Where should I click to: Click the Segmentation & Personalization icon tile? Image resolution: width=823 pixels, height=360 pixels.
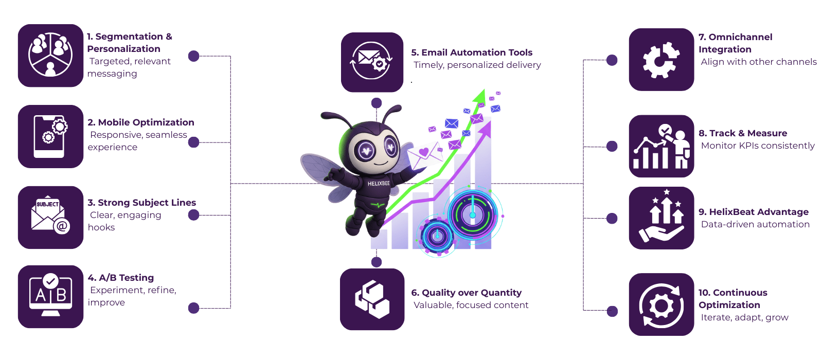pyautogui.click(x=50, y=56)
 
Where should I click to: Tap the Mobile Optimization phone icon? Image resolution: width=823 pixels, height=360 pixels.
pyautogui.click(x=50, y=136)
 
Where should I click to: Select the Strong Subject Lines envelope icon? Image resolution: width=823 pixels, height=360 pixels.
pyautogui.click(x=50, y=218)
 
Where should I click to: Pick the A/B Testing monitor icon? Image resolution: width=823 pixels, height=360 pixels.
pyautogui.click(x=50, y=297)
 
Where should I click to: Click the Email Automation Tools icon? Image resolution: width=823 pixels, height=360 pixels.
pyautogui.click(x=372, y=62)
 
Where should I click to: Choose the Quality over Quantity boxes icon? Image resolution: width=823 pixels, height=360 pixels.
pyautogui.click(x=372, y=299)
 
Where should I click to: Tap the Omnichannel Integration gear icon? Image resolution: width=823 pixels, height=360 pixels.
pyautogui.click(x=661, y=60)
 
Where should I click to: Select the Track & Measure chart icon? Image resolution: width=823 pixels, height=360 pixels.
pyautogui.click(x=661, y=146)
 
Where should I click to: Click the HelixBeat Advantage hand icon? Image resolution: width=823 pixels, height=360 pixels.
pyautogui.click(x=661, y=218)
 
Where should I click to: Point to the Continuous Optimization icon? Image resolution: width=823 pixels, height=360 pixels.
pyautogui.click(x=661, y=304)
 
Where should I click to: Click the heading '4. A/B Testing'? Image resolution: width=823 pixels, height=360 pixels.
pyautogui.click(x=121, y=278)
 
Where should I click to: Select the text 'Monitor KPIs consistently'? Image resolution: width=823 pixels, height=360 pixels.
pyautogui.click(x=758, y=146)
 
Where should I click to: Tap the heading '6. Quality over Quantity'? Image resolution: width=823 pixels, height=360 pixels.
pyautogui.click(x=467, y=293)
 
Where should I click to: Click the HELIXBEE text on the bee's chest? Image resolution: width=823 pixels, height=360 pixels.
pyautogui.click(x=379, y=184)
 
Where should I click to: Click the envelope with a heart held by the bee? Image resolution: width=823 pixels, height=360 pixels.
pyautogui.click(x=425, y=155)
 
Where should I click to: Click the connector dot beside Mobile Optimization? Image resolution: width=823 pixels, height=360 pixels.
pyautogui.click(x=193, y=142)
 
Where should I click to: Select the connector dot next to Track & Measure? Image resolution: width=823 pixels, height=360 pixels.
pyautogui.click(x=612, y=147)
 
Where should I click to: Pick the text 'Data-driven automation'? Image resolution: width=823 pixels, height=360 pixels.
pyautogui.click(x=755, y=224)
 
